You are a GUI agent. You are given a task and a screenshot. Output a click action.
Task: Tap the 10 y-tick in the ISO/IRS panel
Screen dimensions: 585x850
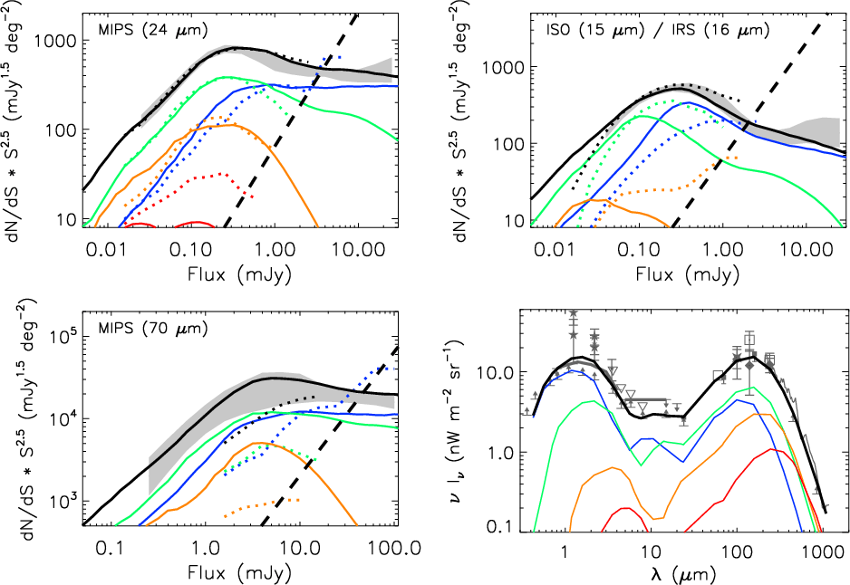point(513,221)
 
